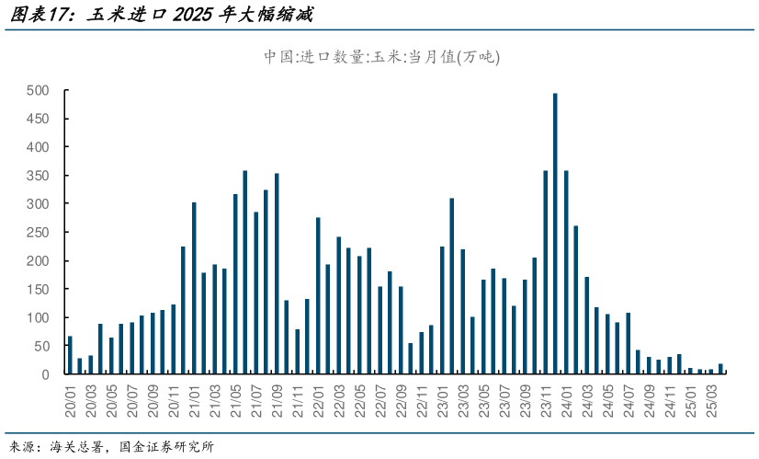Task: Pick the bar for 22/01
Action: coord(318,295)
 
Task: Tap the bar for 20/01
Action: coord(70,355)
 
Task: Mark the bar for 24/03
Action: coord(586,326)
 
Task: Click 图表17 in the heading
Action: coord(37,15)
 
